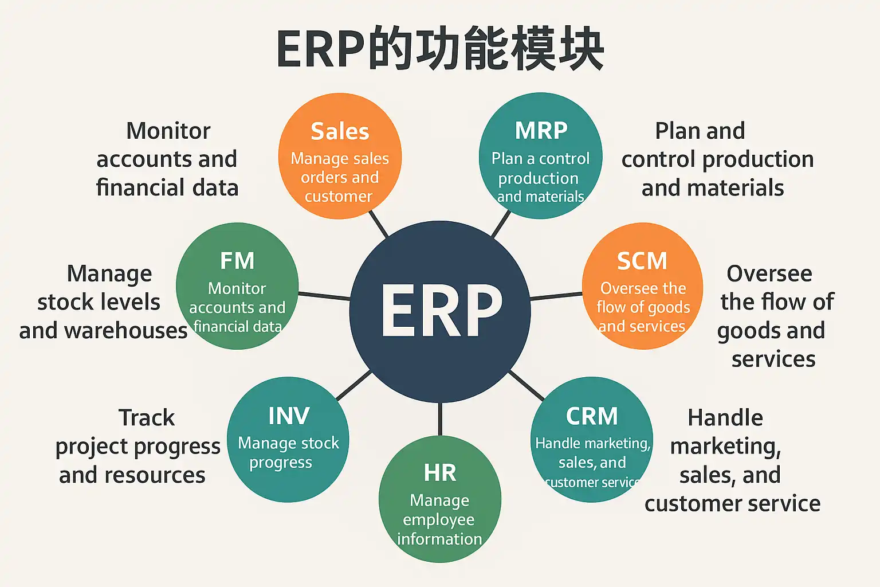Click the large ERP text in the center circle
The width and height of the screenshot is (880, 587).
[x=441, y=311]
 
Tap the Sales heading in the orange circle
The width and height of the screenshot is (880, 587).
[x=340, y=131]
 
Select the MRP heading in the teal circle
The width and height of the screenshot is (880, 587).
[x=541, y=131]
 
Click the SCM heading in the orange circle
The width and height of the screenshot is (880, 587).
[x=642, y=261]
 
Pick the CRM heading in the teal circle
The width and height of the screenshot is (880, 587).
[x=592, y=416]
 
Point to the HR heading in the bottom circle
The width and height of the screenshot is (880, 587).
[x=440, y=473]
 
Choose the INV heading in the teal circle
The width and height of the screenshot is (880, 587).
[x=289, y=416]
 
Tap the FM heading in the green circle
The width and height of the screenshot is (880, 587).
[x=237, y=261]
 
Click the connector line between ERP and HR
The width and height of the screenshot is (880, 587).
[x=440, y=418]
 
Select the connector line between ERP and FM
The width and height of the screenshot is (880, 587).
[x=324, y=296]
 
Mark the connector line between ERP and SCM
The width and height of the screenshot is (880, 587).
[x=556, y=296]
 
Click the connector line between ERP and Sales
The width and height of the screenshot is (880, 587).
[x=379, y=224]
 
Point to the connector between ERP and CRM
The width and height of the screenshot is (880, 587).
[x=526, y=385]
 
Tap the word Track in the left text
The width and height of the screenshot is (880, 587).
[x=147, y=418]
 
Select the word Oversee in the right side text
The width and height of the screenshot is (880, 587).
[x=769, y=274]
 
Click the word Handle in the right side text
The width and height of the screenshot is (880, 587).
[x=725, y=418]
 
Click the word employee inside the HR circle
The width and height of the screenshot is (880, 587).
[x=439, y=520]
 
